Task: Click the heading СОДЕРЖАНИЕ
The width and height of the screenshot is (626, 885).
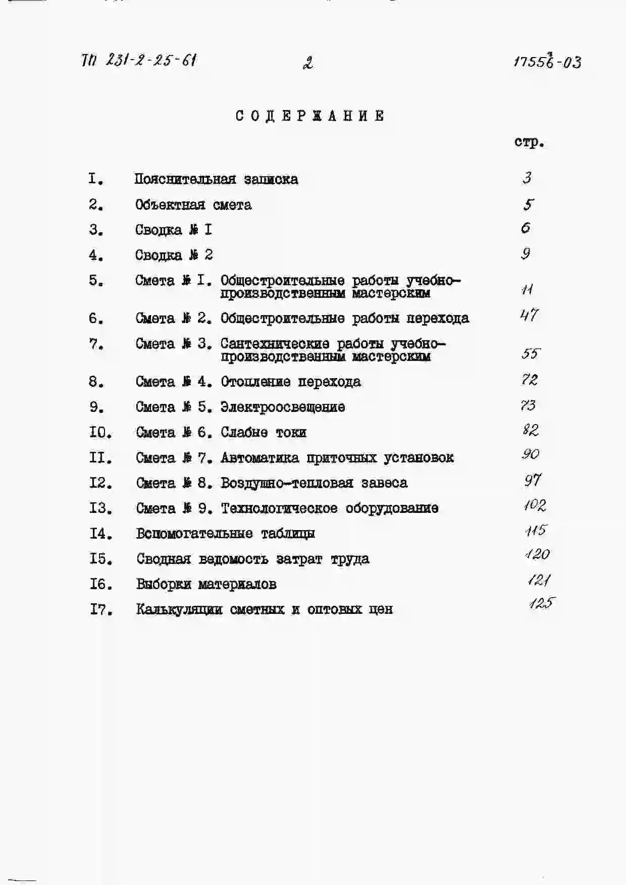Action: pyautogui.click(x=310, y=116)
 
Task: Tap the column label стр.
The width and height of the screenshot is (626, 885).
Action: pyautogui.click(x=529, y=142)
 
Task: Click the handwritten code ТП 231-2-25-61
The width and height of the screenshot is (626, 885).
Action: pyautogui.click(x=138, y=61)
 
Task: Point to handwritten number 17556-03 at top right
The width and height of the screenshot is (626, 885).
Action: pyautogui.click(x=547, y=62)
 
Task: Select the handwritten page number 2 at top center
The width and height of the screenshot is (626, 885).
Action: pyautogui.click(x=307, y=63)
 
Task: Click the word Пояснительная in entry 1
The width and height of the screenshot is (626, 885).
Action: pyautogui.click(x=185, y=179)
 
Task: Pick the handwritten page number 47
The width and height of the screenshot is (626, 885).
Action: pyautogui.click(x=529, y=316)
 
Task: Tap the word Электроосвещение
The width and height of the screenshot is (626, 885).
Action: pyautogui.click(x=283, y=407)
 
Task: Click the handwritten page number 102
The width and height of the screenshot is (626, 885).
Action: pyautogui.click(x=535, y=505)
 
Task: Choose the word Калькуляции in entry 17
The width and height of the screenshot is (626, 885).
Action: pyautogui.click(x=179, y=609)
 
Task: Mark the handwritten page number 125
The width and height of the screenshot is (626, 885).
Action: pyautogui.click(x=542, y=603)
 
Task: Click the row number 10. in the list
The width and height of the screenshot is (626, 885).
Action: pyautogui.click(x=100, y=433)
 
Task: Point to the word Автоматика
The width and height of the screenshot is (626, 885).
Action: pyautogui.click(x=259, y=458)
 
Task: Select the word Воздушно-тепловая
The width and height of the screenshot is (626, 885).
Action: pyautogui.click(x=286, y=483)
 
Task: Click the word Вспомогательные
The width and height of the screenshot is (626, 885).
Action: pyautogui.click(x=194, y=534)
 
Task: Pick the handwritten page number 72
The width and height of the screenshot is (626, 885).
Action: pyautogui.click(x=530, y=380)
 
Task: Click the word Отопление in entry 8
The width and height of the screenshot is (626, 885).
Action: pyautogui.click(x=255, y=382)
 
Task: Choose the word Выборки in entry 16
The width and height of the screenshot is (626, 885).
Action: pyautogui.click(x=164, y=584)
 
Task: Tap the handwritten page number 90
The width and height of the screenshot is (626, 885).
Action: pyautogui.click(x=530, y=454)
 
